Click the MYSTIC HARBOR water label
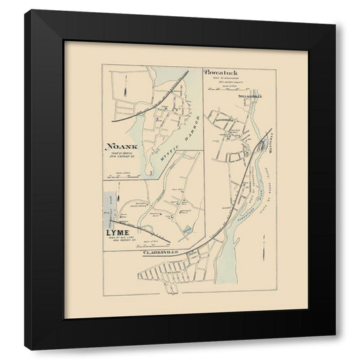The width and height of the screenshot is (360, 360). [x=177, y=135]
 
